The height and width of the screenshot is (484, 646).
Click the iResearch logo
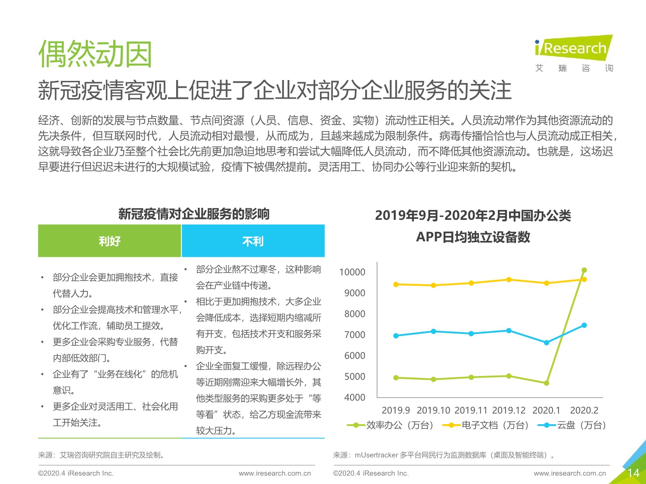click(573, 48)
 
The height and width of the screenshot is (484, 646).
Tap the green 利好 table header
click(109, 241)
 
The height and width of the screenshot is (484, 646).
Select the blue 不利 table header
click(253, 241)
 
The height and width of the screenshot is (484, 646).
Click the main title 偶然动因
click(95, 55)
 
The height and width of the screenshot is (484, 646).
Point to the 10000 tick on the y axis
click(352, 272)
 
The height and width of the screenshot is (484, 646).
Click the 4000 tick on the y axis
click(354, 398)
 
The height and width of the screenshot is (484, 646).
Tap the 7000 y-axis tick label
click(354, 335)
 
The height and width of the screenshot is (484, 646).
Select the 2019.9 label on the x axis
click(396, 410)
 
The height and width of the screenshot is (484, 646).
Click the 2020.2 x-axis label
click(584, 410)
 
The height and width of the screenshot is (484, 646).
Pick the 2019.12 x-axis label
click(509, 410)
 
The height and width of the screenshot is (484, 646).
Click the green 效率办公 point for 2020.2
click(584, 270)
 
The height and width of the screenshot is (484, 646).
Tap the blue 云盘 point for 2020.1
click(547, 343)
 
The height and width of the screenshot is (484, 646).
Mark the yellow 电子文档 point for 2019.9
click(396, 284)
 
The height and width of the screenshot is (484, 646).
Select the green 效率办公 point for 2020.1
click(547, 383)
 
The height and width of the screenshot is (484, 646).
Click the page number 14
click(633, 473)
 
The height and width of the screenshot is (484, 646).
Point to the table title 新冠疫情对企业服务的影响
click(194, 214)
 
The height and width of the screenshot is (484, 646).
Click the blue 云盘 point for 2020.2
click(584, 325)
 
